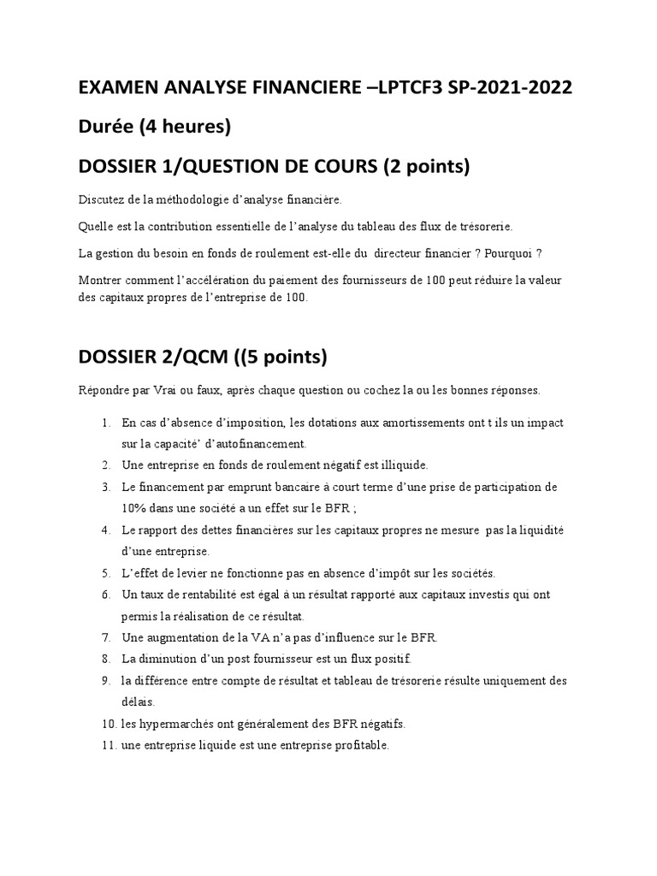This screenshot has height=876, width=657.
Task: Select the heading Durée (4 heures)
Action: [155, 127]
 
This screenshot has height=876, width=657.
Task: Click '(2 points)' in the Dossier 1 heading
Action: [425, 167]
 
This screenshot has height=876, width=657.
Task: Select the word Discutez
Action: [101, 199]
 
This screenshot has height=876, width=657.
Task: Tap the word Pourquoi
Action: [508, 253]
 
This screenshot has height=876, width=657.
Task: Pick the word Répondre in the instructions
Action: [105, 390]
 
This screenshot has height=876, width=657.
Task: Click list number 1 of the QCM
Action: [105, 423]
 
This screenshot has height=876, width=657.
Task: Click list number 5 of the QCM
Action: [105, 573]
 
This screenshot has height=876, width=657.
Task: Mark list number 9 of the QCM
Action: [105, 681]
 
